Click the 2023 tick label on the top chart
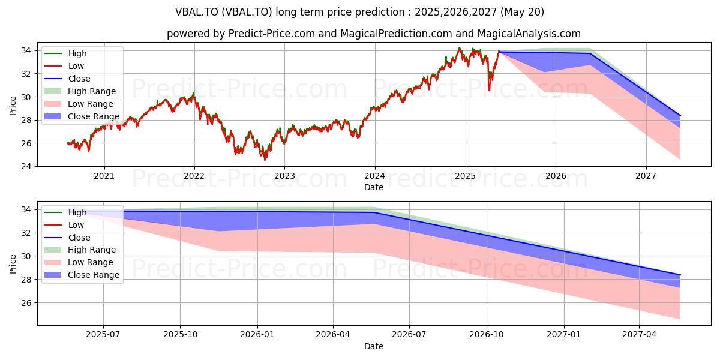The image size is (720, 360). (284, 176)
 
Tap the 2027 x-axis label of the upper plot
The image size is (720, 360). (646, 176)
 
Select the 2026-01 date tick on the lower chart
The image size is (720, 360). (257, 335)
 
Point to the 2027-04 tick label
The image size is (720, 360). (640, 335)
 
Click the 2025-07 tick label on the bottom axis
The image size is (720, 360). (103, 335)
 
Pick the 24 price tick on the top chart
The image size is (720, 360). (26, 167)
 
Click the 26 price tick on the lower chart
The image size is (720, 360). (26, 303)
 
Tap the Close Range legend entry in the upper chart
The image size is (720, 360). (82, 116)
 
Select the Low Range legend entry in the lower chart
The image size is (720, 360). (79, 262)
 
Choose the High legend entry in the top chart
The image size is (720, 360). (65, 53)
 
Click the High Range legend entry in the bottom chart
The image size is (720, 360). (80, 250)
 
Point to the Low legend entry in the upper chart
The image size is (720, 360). (64, 66)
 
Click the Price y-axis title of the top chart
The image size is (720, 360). (13, 106)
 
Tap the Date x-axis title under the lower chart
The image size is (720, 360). (374, 347)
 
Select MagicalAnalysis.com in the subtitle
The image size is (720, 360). (529, 34)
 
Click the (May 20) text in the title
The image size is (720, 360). (522, 12)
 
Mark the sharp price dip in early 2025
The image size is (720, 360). (489, 91)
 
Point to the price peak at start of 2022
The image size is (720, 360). (193, 93)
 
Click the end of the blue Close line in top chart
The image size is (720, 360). (680, 115)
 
